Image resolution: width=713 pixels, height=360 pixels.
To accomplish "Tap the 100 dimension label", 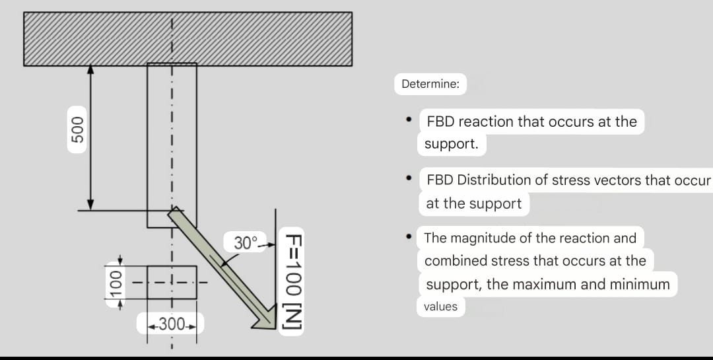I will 116,282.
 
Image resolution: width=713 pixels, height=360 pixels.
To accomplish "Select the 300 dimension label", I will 171,324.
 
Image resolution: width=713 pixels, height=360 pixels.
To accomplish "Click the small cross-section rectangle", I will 172,282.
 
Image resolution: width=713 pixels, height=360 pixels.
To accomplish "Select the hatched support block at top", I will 188,39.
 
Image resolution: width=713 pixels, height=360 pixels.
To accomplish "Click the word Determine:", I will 431,85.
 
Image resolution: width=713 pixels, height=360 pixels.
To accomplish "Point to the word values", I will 440,306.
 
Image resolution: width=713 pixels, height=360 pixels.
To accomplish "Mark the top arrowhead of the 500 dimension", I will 91,68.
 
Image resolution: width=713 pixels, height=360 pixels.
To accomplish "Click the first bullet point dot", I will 410,120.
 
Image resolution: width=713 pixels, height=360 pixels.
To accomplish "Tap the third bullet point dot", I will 410,236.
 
